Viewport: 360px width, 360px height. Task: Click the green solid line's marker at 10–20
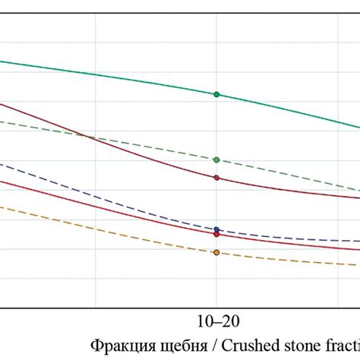216,94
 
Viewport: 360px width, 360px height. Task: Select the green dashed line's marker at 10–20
216,159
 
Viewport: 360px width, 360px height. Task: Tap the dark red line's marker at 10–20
216,178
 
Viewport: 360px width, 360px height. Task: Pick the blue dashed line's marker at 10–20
216,229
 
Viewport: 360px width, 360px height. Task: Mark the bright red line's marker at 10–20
216,234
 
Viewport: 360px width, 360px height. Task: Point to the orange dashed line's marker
216,252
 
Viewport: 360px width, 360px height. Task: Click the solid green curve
114,74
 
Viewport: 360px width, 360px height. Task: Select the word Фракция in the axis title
118,344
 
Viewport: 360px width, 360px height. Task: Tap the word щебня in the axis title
167,345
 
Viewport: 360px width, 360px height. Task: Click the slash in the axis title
196,344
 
